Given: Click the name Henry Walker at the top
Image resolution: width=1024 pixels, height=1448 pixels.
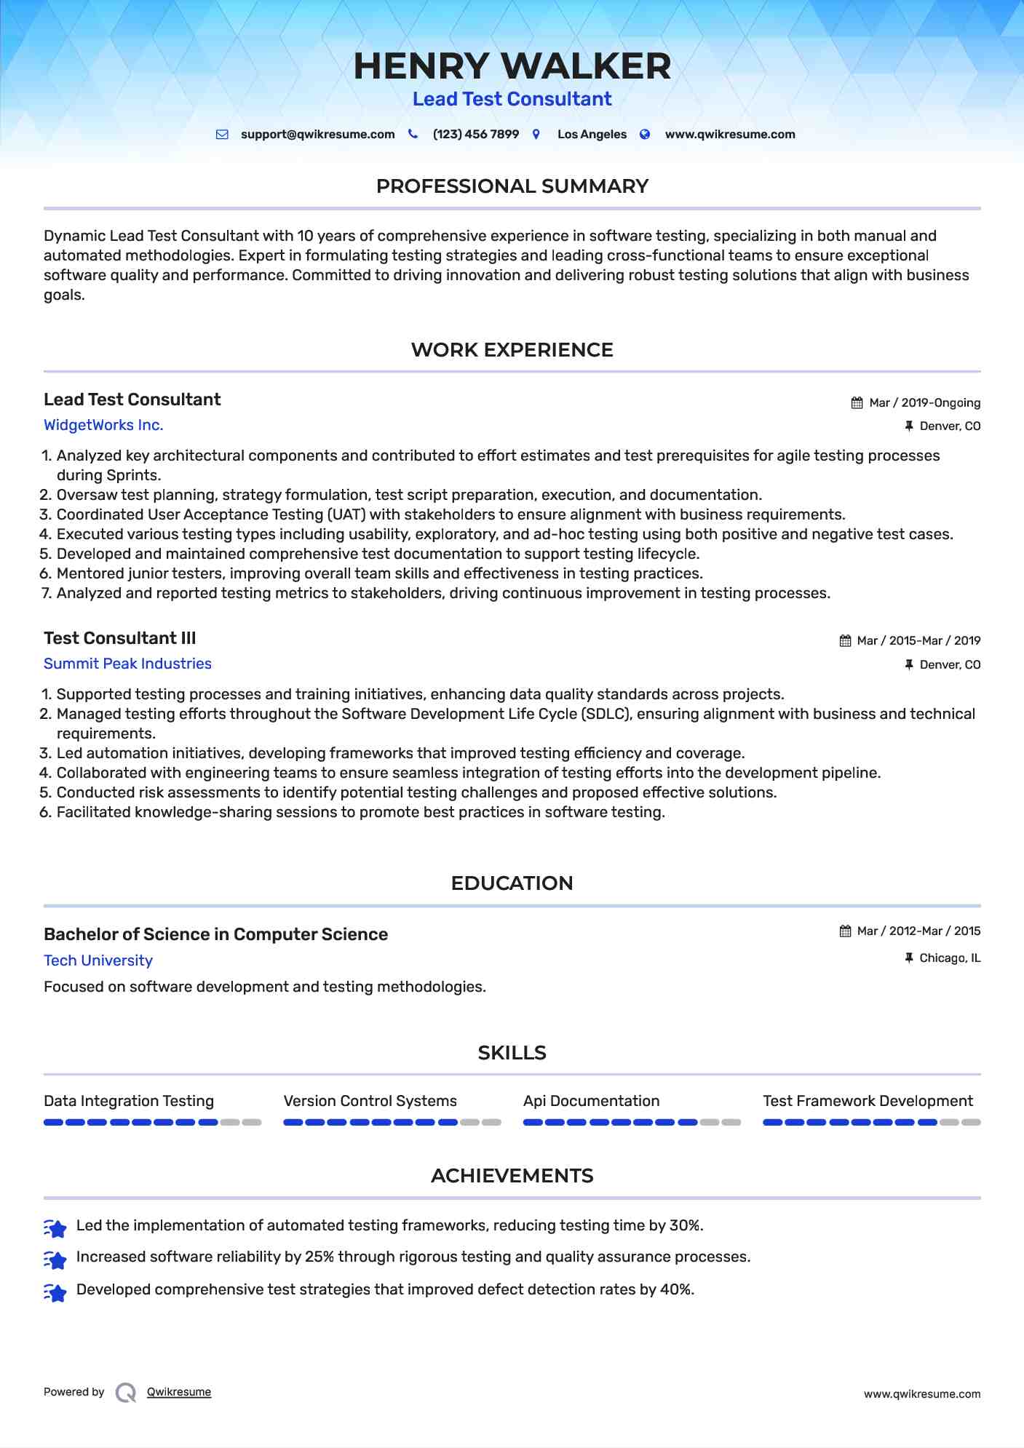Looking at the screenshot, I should click(x=512, y=66).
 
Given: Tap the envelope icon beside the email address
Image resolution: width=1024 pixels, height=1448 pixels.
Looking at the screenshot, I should click(x=222, y=135).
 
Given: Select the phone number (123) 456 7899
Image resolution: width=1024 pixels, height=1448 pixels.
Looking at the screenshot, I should click(x=475, y=135).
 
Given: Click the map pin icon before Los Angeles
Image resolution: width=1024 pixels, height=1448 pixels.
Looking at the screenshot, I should click(x=536, y=135).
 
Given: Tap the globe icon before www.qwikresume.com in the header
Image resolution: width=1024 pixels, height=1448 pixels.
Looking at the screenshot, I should click(x=645, y=135).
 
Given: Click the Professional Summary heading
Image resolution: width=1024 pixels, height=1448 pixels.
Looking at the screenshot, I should click(x=512, y=186).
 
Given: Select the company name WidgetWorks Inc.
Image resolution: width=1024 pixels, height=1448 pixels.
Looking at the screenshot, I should click(x=103, y=425).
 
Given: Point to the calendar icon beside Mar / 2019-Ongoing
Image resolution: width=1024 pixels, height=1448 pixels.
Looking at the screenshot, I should click(x=857, y=403).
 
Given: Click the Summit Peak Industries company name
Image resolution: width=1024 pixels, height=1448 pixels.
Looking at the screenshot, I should click(x=127, y=664).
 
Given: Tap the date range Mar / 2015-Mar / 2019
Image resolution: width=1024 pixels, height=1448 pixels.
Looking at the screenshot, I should click(x=918, y=641).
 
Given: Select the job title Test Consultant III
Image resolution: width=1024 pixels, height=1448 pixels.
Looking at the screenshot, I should click(x=120, y=638).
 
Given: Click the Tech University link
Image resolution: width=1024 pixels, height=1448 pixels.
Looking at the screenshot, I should click(x=98, y=960).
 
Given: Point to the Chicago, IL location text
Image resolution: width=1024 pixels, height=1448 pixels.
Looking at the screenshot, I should click(x=950, y=958).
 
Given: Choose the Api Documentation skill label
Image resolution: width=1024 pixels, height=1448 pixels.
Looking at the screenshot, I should click(x=591, y=1101).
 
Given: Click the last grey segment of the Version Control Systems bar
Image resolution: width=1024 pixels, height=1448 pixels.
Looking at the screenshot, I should click(x=492, y=1122).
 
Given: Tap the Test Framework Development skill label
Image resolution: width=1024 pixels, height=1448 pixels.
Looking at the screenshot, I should click(x=868, y=1101).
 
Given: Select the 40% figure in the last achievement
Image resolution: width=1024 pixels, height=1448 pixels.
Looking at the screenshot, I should click(x=676, y=1289).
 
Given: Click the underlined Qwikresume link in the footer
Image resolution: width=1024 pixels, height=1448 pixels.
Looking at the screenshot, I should click(x=179, y=1392).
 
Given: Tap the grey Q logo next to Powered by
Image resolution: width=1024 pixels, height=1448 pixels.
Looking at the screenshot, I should click(x=126, y=1393).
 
